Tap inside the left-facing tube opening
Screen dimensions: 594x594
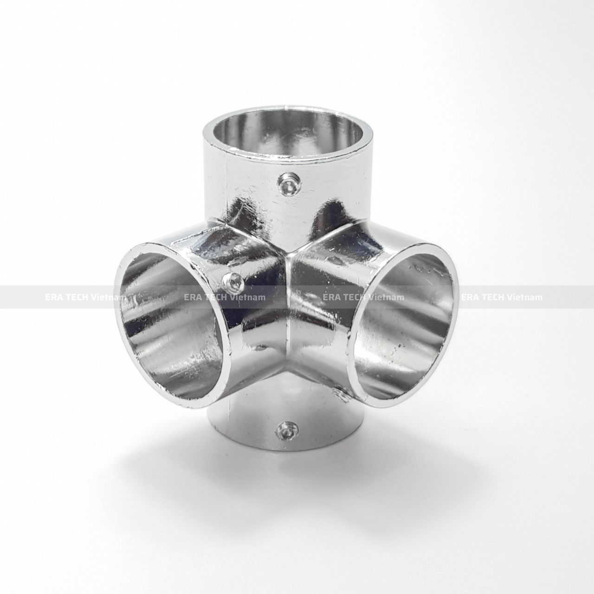[172, 325]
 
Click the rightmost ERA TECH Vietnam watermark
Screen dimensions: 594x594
[501, 297]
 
